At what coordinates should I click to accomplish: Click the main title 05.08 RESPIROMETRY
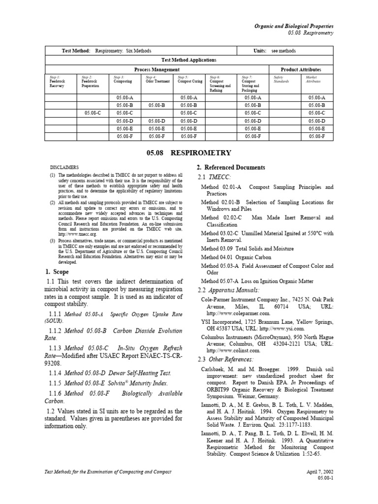(189, 153)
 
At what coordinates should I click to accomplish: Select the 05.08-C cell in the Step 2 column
(92, 113)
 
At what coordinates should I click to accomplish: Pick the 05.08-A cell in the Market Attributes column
(317, 98)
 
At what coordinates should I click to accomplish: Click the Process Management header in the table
(157, 69)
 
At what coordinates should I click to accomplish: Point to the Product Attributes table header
(302, 69)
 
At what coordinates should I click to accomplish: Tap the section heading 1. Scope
(58, 272)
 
